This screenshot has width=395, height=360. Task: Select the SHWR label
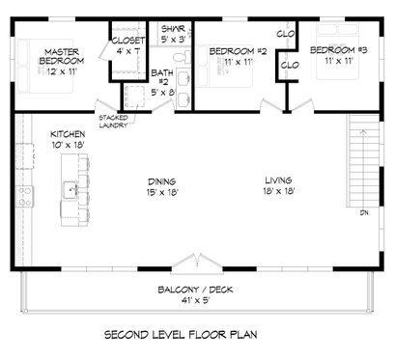click(x=173, y=29)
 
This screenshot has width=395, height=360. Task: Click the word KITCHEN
click(x=69, y=133)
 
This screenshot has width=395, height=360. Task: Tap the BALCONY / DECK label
click(x=197, y=289)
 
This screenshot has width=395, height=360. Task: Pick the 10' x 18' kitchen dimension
click(x=69, y=145)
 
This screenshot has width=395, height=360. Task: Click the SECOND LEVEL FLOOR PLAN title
click(x=197, y=339)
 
